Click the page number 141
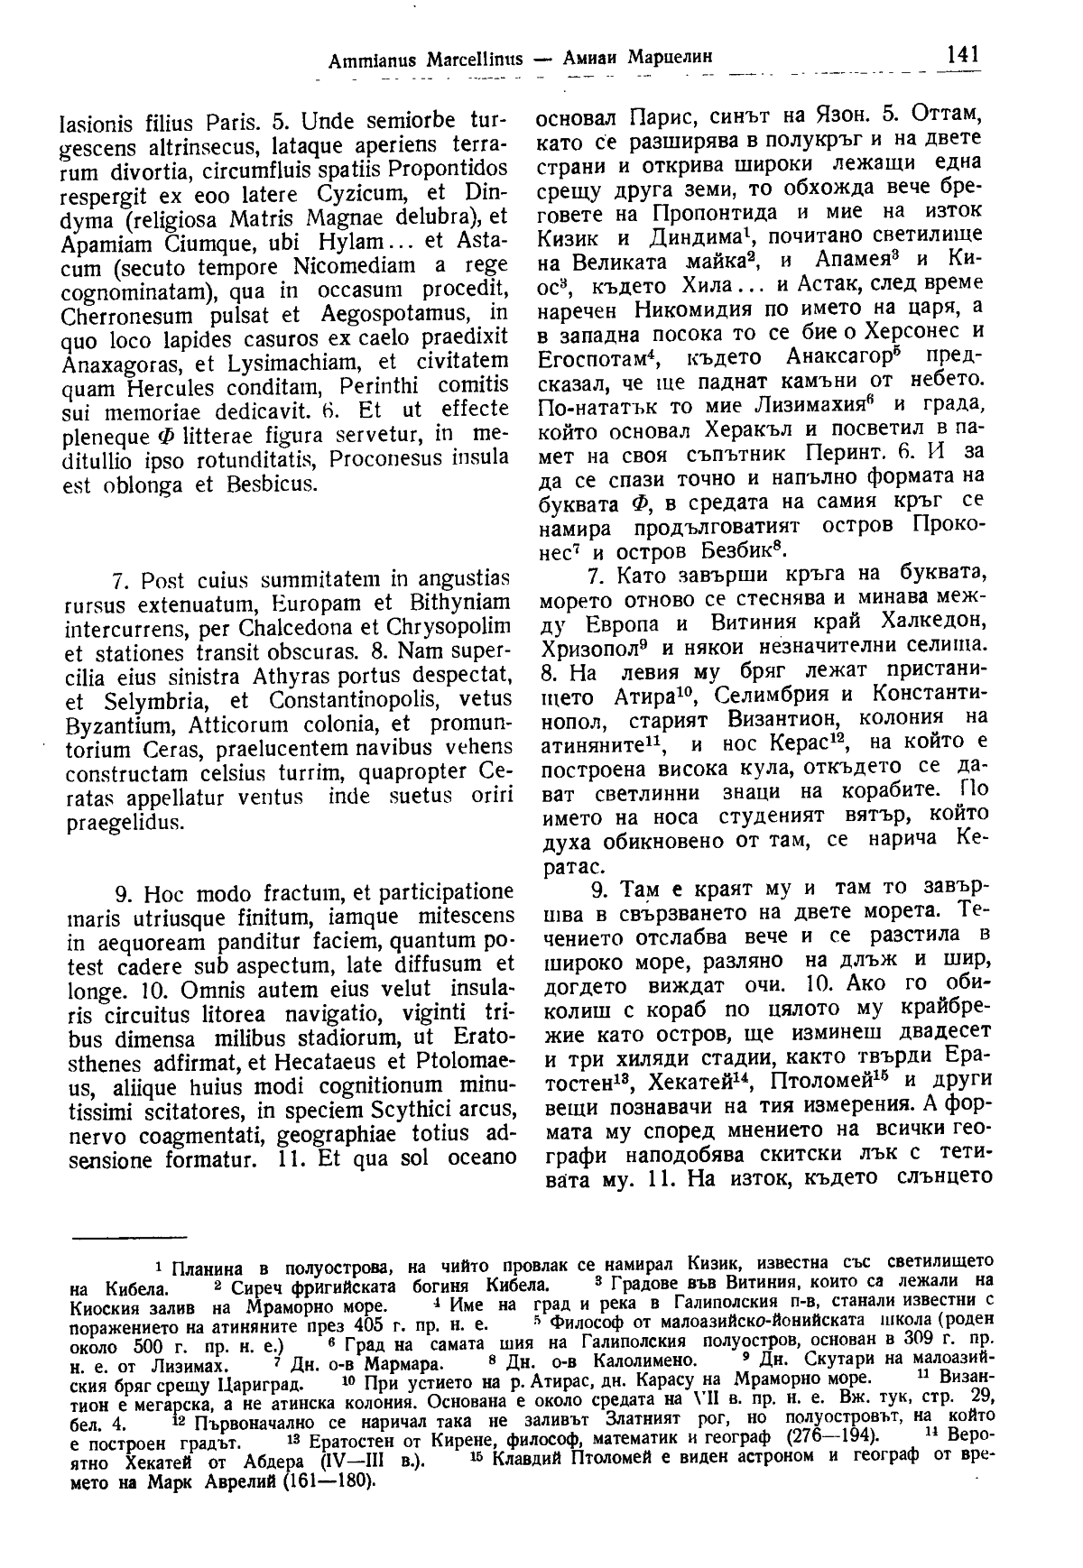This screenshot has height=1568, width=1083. (959, 54)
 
